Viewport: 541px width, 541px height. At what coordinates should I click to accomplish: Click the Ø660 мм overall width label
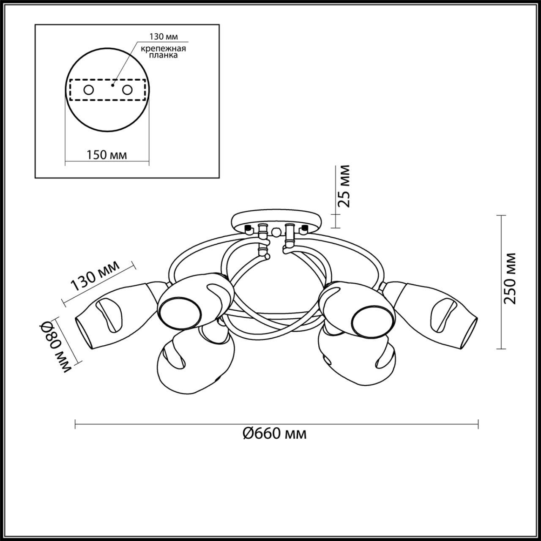275,433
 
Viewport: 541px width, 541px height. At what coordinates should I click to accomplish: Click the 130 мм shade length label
95,276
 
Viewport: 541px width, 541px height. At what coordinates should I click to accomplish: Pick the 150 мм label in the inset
107,155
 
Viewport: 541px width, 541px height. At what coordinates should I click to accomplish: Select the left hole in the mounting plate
89,90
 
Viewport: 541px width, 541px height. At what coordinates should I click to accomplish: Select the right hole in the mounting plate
127,90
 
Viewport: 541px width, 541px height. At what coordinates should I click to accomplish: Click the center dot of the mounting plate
112,85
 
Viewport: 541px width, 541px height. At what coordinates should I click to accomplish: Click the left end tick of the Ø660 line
75,424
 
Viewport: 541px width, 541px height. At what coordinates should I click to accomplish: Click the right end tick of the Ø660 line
478,424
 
